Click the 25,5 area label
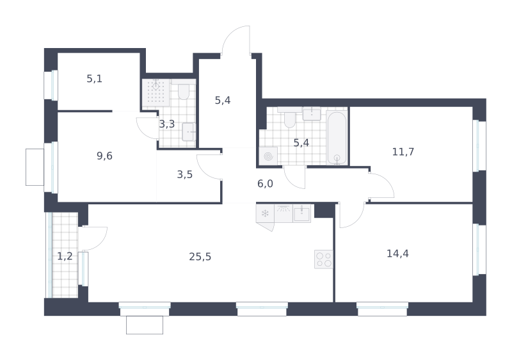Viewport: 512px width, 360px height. pos(200,257)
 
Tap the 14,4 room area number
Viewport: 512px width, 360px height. pos(397,254)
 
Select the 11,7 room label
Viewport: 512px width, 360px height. pos(403,152)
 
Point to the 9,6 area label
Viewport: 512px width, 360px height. pos(104,156)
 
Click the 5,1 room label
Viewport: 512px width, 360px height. pos(94,79)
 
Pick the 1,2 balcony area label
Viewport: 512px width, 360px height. pos(65,256)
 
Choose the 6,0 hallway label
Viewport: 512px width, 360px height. pos(265,184)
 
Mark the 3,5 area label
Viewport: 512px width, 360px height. pos(185,175)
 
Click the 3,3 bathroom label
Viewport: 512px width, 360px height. pos(167,124)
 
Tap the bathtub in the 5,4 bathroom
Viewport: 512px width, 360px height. pos(337,138)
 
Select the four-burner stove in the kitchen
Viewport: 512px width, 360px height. pos(324,259)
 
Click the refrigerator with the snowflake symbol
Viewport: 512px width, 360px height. pos(265,214)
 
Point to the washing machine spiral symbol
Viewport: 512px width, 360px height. pos(268,156)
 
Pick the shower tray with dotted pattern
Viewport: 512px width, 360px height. pos(156,92)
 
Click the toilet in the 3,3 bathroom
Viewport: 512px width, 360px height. pos(184,92)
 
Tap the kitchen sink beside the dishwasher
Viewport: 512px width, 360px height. pos(301,214)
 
